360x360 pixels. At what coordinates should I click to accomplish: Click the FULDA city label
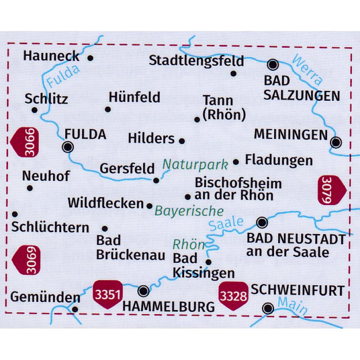click(85, 134)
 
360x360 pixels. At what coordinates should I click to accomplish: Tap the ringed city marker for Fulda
click(68, 147)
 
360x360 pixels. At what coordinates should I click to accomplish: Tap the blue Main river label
click(292, 306)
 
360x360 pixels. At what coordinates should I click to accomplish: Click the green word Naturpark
click(195, 164)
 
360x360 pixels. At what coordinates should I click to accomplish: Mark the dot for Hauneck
click(90, 58)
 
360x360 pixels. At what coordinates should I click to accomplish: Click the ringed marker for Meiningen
click(336, 143)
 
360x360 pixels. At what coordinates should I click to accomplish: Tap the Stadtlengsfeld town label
click(196, 60)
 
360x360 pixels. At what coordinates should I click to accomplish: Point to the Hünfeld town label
click(135, 97)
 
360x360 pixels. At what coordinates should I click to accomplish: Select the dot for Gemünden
click(75, 309)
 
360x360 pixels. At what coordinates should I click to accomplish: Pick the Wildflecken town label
click(105, 203)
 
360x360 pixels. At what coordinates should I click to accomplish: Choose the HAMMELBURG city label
click(169, 307)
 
